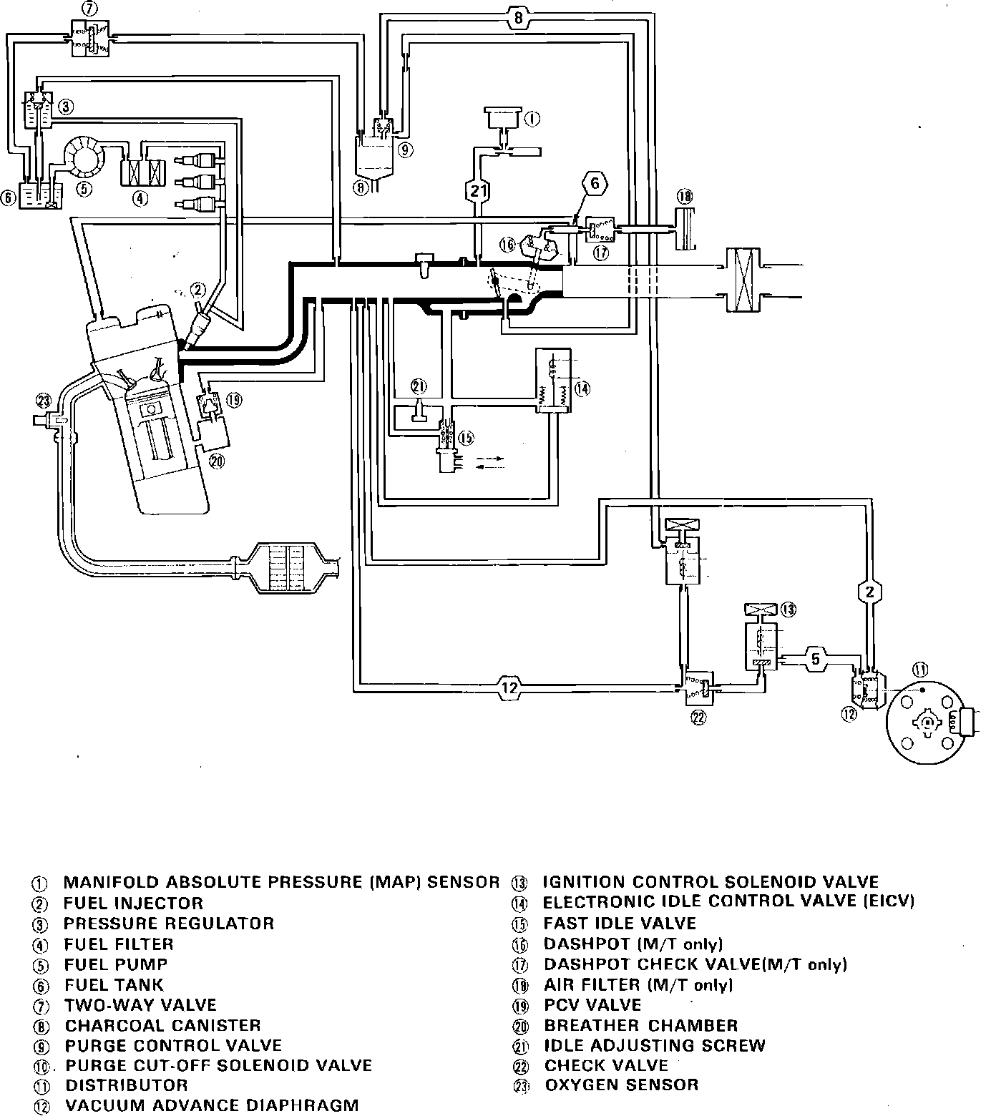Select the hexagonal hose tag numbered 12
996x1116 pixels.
[x=509, y=687]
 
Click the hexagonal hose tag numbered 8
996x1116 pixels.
[x=518, y=18]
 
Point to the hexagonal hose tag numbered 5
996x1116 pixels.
[x=815, y=658]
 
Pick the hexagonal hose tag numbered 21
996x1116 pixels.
[x=478, y=190]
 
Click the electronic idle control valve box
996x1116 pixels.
[x=553, y=381]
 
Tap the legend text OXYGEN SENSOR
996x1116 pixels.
[x=621, y=1085]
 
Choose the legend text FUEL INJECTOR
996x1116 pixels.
[x=133, y=903]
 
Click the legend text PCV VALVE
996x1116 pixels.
[x=592, y=1004]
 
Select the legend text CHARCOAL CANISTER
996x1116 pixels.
[x=162, y=1026]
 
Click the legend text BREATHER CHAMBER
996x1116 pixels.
[x=640, y=1026]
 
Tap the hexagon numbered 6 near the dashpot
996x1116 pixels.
[x=595, y=184]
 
